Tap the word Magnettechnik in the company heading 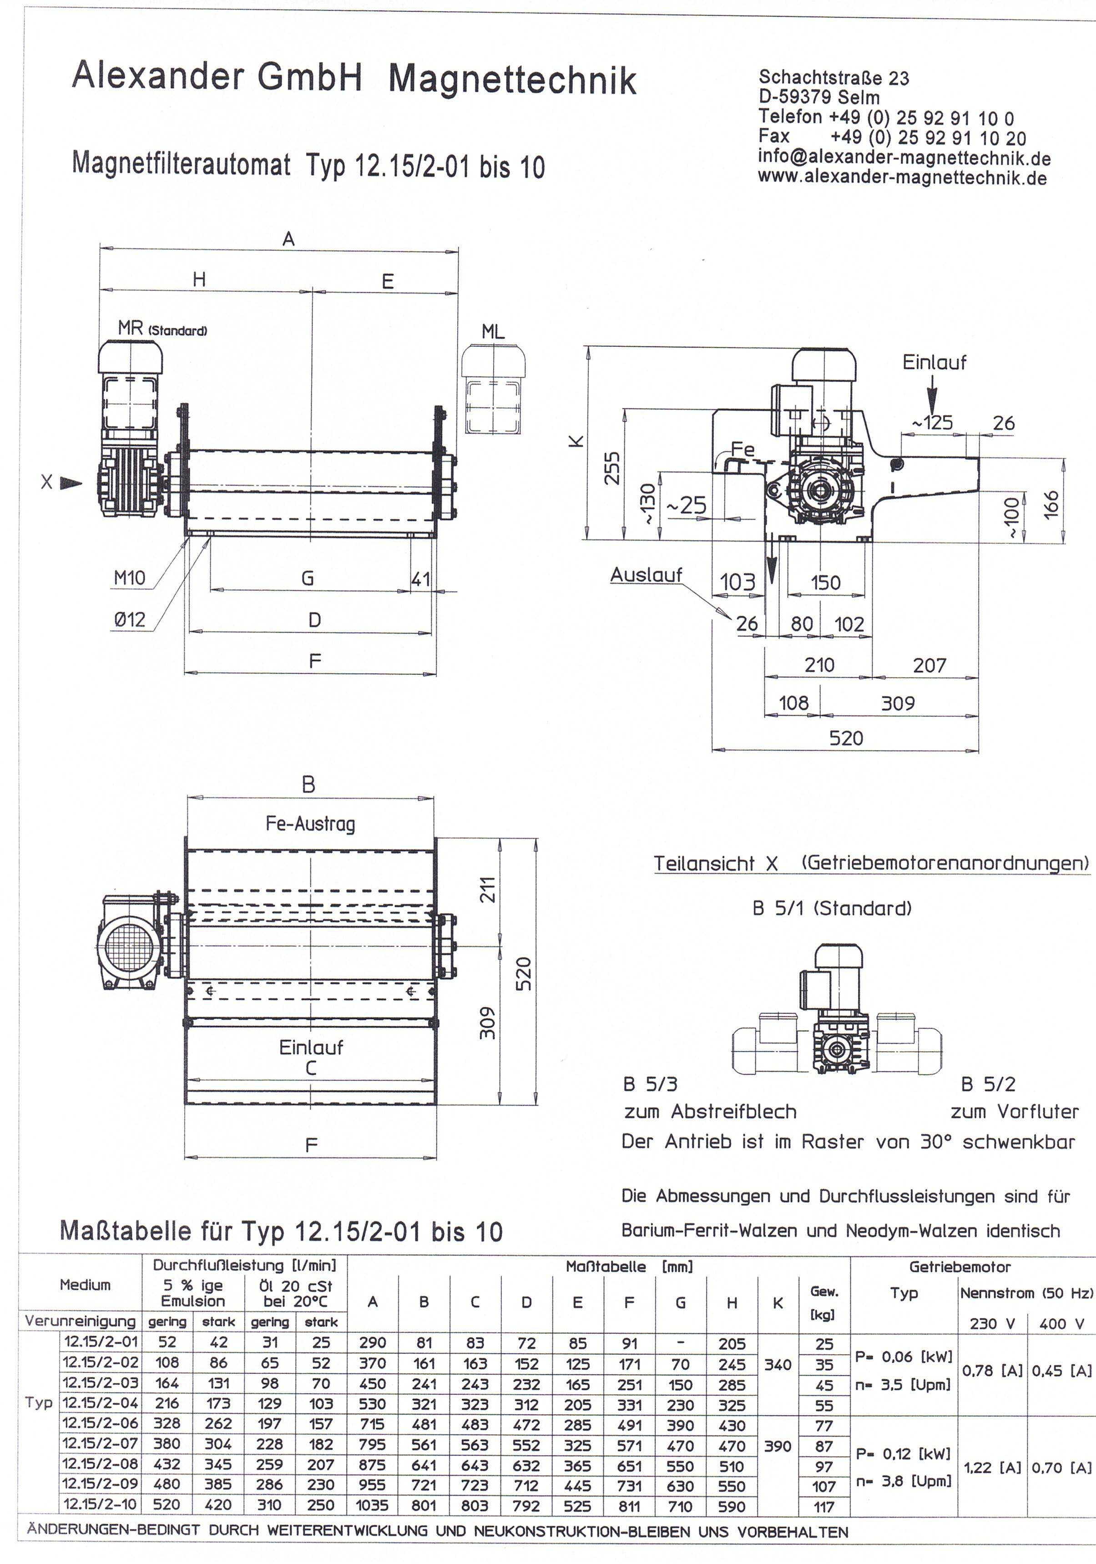(512, 80)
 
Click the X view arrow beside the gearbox (70, 483)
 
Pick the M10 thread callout (129, 578)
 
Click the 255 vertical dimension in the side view (612, 467)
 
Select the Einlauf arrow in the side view (932, 397)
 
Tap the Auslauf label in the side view (645, 575)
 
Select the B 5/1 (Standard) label (831, 908)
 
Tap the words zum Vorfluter (1014, 1112)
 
